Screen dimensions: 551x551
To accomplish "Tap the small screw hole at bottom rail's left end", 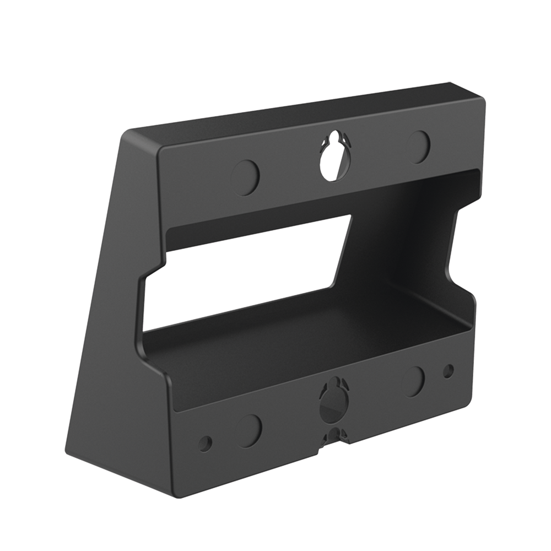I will pyautogui.click(x=206, y=441).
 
